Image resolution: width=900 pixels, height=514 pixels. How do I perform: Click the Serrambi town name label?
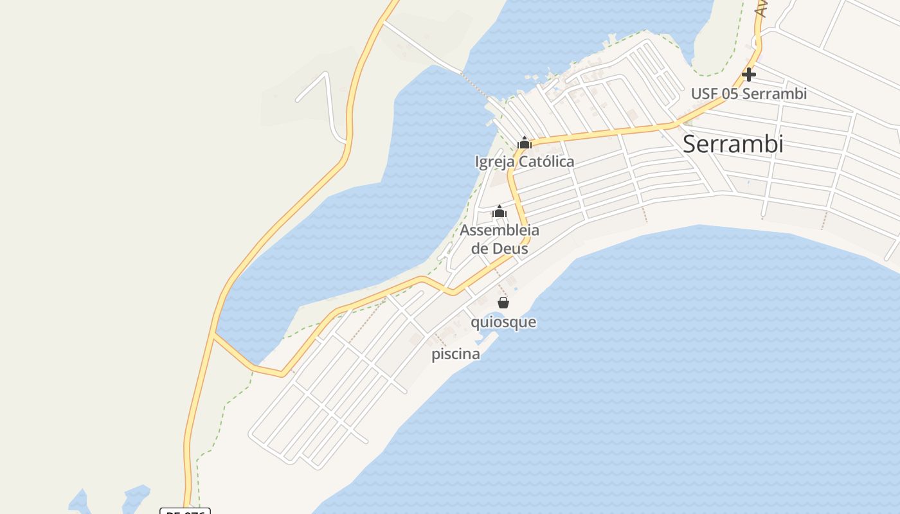pos(733,144)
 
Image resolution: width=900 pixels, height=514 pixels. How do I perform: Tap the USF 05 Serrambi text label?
pos(748,94)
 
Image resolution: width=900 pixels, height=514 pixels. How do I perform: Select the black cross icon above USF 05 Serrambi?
pos(748,75)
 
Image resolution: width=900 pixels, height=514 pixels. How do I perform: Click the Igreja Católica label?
pos(525,162)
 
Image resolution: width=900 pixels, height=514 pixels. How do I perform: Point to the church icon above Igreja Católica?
pos(525,143)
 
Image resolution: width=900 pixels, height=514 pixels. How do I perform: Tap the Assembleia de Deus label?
pos(500,239)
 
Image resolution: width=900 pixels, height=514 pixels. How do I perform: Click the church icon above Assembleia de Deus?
pos(500,211)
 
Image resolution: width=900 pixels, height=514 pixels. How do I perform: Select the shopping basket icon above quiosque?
pos(503,303)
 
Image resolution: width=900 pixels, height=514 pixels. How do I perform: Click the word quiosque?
pos(503,322)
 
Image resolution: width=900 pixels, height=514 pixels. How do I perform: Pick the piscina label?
pos(455,354)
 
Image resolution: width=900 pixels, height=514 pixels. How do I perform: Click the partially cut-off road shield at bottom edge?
pos(185,511)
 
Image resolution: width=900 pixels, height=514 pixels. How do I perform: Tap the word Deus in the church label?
pos(510,249)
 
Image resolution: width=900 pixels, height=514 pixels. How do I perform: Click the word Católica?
pos(546,162)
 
